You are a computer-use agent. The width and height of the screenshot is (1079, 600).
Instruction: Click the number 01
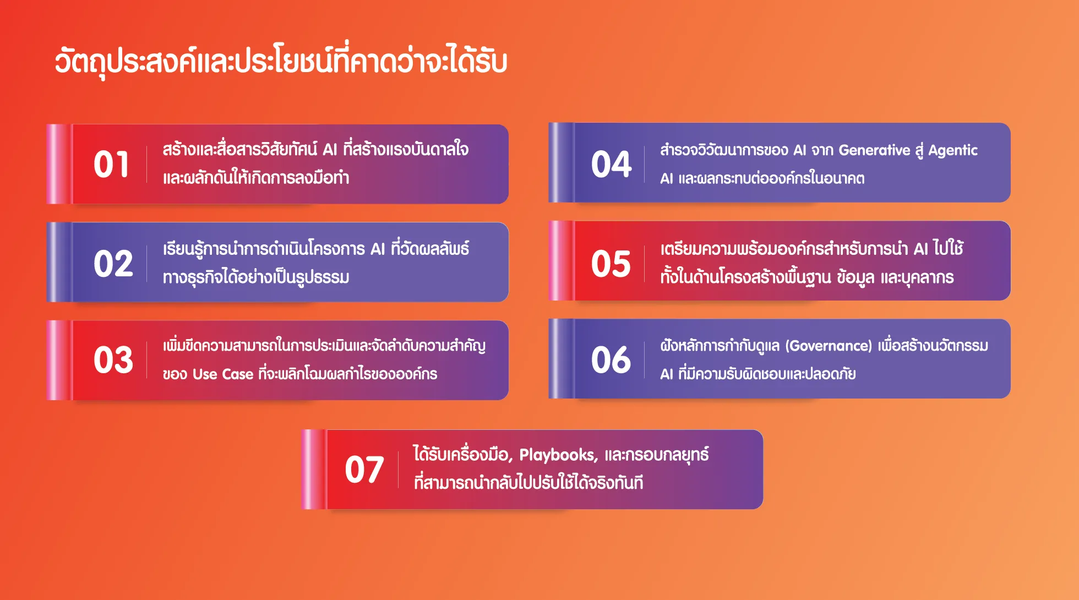pos(112,165)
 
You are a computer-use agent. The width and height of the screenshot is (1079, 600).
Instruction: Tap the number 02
pos(113,264)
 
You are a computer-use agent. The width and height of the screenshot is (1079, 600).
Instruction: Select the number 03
pos(113,360)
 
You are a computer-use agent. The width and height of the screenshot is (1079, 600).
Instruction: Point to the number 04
pos(611,165)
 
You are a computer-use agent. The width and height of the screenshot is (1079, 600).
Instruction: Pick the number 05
pos(611,264)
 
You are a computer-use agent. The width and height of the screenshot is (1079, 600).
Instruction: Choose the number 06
pos(611,360)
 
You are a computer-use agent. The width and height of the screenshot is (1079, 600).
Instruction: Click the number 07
pos(364,470)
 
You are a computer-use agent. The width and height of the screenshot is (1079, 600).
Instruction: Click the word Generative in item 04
pos(874,150)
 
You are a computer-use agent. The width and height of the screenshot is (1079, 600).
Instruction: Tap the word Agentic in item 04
pos(953,151)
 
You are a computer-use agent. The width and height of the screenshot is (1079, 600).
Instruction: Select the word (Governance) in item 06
pos(829,346)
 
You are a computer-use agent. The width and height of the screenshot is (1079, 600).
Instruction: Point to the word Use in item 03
pos(205,374)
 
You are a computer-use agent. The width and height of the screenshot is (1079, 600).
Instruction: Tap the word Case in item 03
pos(238,374)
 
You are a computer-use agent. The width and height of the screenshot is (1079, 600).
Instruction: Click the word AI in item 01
pos(330,150)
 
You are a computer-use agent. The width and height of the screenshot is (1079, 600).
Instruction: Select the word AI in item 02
pos(378,249)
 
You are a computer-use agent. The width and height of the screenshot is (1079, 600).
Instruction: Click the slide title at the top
pos(281,61)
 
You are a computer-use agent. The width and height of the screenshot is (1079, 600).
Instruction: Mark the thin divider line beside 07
pos(398,470)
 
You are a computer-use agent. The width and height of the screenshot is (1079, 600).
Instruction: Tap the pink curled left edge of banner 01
pos(59,164)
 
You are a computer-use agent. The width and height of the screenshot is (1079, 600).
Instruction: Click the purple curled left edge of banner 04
pos(562,162)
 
